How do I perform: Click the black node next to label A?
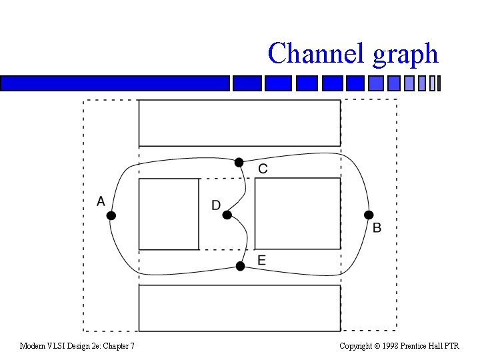click(x=111, y=215)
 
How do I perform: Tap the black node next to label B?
click(x=368, y=215)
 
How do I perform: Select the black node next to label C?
click(x=239, y=162)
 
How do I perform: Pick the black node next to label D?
click(x=227, y=215)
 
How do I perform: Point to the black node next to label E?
click(x=241, y=266)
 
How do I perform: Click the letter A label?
click(x=101, y=201)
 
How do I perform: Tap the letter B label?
click(x=377, y=228)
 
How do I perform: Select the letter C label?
click(x=263, y=169)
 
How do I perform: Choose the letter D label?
click(x=216, y=205)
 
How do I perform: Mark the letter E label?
click(x=261, y=260)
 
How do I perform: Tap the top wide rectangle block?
click(x=239, y=123)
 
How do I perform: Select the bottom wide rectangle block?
click(x=239, y=307)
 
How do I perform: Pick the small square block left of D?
click(x=169, y=214)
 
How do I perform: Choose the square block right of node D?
click(x=297, y=213)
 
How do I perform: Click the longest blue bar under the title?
click(x=115, y=83)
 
